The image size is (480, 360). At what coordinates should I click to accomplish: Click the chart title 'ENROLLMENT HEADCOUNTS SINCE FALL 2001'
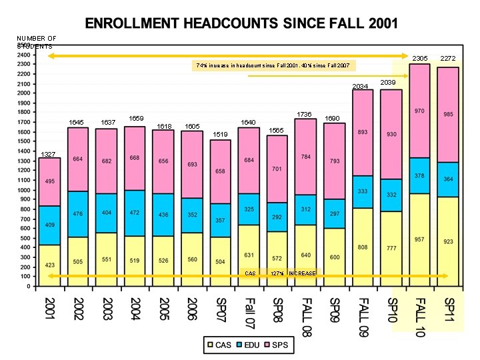[241, 24]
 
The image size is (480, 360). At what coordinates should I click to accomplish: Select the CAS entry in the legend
[219, 345]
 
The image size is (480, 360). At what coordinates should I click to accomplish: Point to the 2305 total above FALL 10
[419, 59]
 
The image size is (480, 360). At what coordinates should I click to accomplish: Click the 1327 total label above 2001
[48, 155]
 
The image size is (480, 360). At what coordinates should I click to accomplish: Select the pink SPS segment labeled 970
[419, 111]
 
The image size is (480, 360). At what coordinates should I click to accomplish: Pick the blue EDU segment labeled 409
[50, 225]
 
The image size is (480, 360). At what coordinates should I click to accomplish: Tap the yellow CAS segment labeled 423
[50, 265]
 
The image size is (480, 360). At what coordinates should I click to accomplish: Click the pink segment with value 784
[305, 157]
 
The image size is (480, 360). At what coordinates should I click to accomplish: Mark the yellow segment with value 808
[363, 247]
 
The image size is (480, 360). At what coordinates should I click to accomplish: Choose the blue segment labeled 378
[419, 176]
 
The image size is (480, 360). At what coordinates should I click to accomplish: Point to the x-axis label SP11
[449, 310]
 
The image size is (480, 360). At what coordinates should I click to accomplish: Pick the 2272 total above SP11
[448, 59]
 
